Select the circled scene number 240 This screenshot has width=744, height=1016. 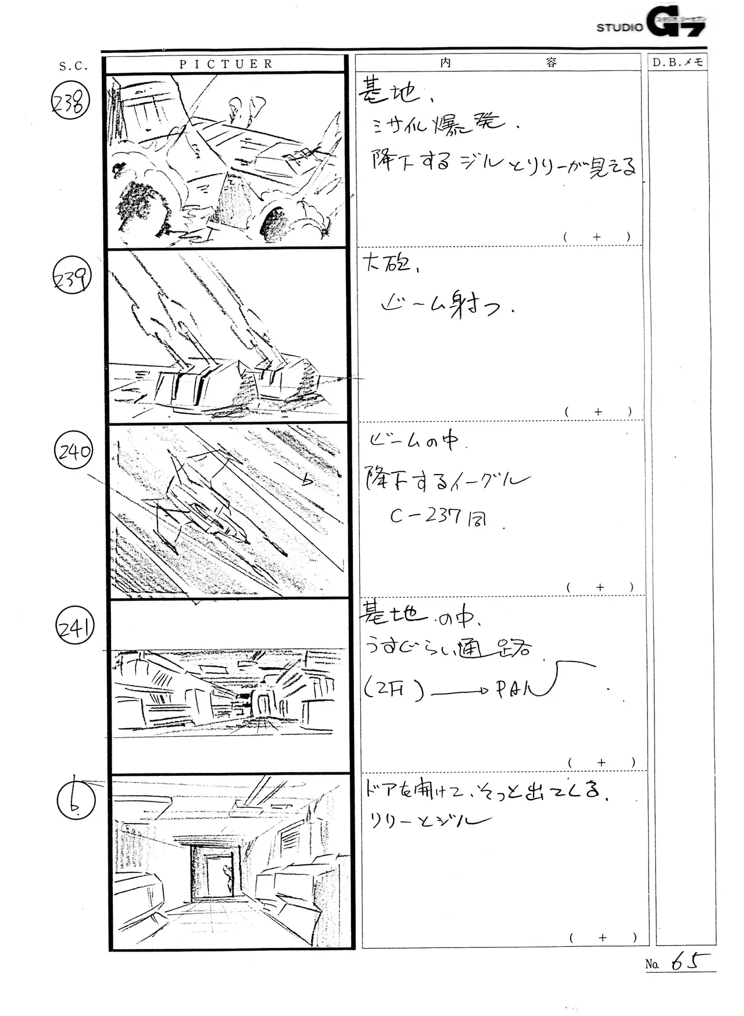[74, 452]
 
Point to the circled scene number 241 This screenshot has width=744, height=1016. [74, 628]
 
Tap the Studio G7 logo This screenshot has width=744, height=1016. [651, 25]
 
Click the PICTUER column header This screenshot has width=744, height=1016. [226, 64]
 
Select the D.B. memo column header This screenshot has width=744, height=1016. [677, 62]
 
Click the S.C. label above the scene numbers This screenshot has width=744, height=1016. [73, 66]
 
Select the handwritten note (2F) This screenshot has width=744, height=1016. [392, 690]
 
